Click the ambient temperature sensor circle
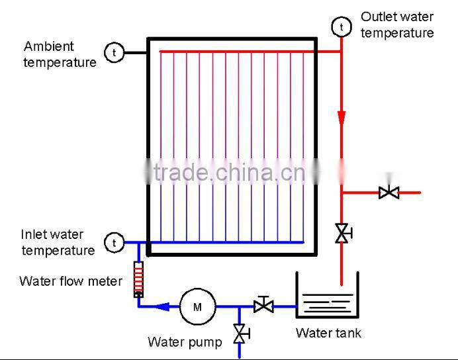point(114,52)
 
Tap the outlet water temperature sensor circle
point(342,27)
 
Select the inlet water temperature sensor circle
point(114,243)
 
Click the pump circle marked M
point(197,306)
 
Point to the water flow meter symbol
point(138,279)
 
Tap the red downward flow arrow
point(342,118)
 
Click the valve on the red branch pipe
point(389,193)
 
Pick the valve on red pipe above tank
point(342,233)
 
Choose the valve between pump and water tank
point(263,306)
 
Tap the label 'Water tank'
point(328,333)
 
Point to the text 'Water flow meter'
point(71,281)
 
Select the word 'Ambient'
point(49,46)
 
